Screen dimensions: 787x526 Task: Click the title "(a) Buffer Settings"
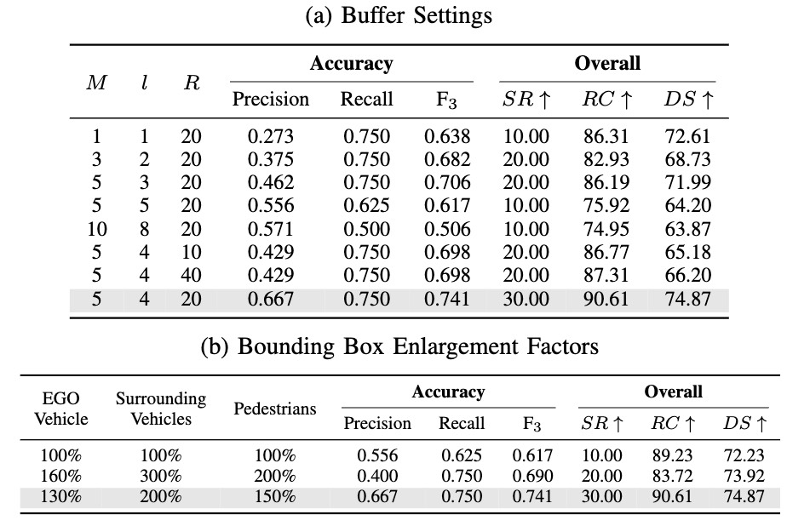point(399,15)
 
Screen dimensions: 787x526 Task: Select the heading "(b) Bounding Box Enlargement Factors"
point(399,346)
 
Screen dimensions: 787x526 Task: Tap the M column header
point(96,83)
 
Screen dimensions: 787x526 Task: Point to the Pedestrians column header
point(275,409)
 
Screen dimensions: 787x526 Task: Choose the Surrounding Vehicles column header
point(161,409)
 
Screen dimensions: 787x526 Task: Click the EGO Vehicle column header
point(61,409)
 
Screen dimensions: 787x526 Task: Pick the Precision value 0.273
point(271,136)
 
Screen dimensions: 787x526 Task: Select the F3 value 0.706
point(447,182)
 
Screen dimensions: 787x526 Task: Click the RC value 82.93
point(606,159)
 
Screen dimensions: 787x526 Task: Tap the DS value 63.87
point(687,229)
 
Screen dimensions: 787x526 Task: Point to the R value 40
point(192,275)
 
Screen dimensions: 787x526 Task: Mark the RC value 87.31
point(606,275)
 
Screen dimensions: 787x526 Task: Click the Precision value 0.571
point(271,229)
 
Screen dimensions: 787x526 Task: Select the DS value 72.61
point(687,136)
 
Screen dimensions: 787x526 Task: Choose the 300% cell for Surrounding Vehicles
point(161,475)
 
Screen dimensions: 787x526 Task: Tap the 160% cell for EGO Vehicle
point(60,475)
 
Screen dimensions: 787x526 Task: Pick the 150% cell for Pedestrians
point(275,496)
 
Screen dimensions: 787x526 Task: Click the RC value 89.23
point(673,455)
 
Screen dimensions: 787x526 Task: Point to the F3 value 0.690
point(532,475)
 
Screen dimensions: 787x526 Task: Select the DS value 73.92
point(744,475)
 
